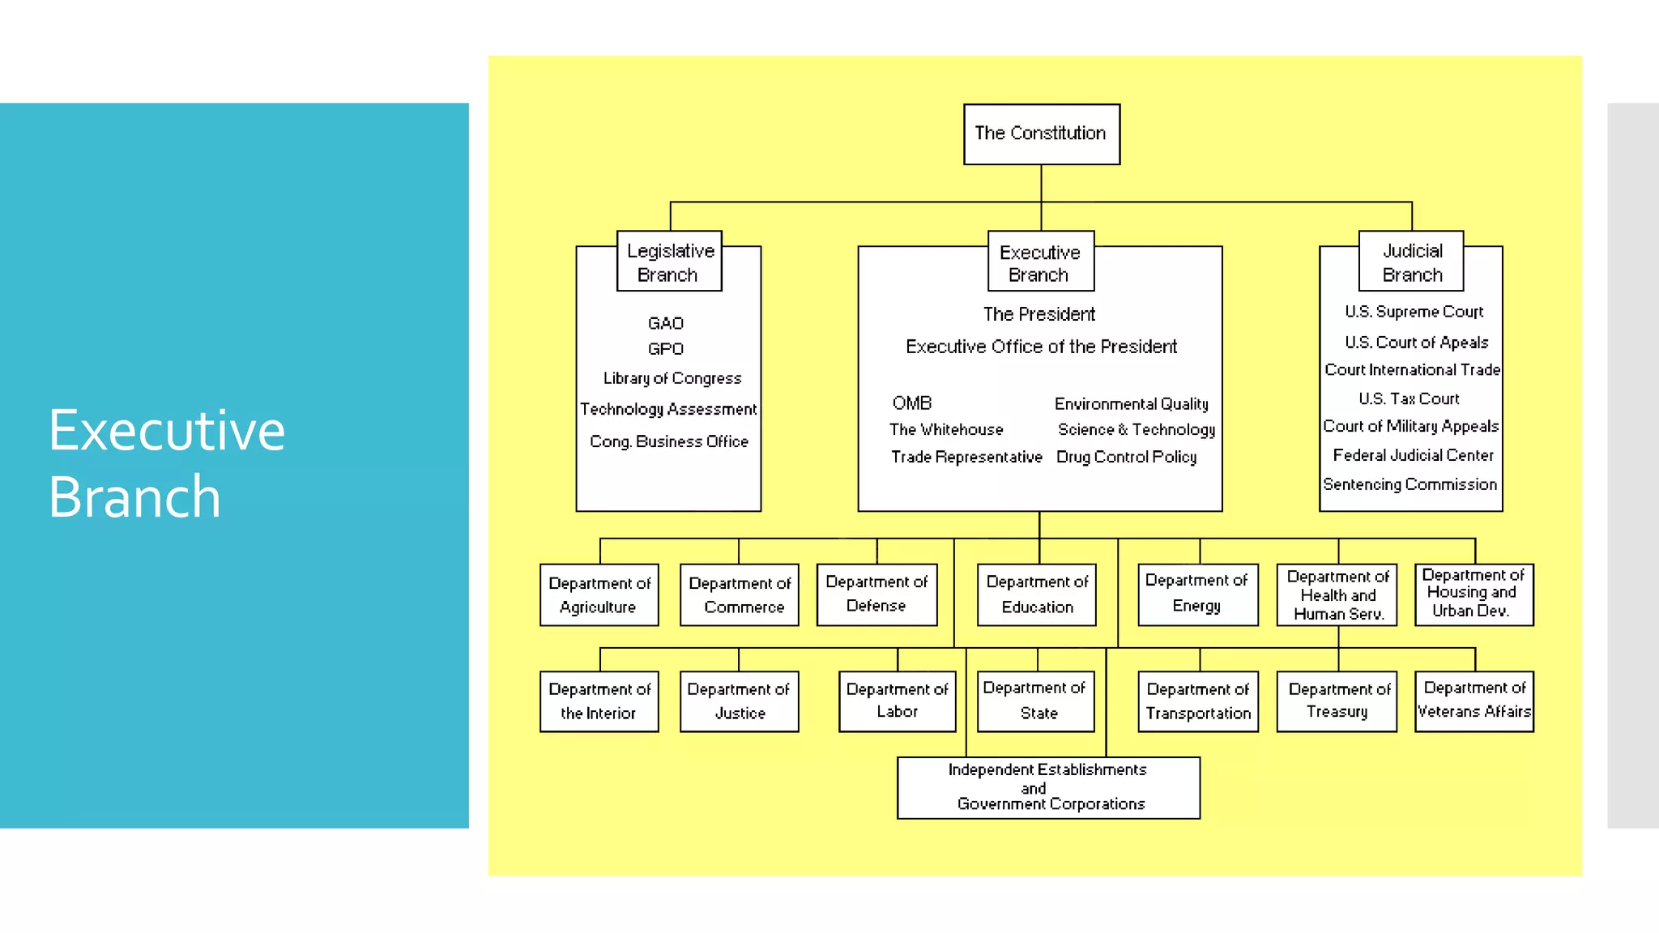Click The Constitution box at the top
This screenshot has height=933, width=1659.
point(1041,134)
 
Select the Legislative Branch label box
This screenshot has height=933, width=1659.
point(669,262)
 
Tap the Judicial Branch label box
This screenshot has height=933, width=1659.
point(1411,262)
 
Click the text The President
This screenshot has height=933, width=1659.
point(1039,314)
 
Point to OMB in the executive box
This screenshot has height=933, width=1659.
point(912,403)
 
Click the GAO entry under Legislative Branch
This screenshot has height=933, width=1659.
point(666,323)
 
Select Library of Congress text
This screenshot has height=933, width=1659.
point(672,378)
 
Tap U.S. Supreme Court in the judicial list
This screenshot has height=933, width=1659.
point(1414,312)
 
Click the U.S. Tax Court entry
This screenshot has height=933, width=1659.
point(1409,398)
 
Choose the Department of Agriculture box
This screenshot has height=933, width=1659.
point(599,595)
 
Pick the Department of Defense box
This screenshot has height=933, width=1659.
point(876,594)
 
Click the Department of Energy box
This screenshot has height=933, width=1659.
point(1197,594)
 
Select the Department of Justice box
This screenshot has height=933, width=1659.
point(739,701)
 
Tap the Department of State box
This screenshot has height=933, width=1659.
point(1035,701)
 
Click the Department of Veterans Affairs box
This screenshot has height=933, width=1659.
point(1473,701)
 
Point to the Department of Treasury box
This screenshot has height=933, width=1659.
point(1337,701)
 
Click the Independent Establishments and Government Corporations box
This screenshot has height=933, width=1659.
point(1048,787)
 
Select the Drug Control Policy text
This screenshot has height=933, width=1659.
point(1126,457)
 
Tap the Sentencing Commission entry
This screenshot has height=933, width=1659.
point(1410,484)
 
